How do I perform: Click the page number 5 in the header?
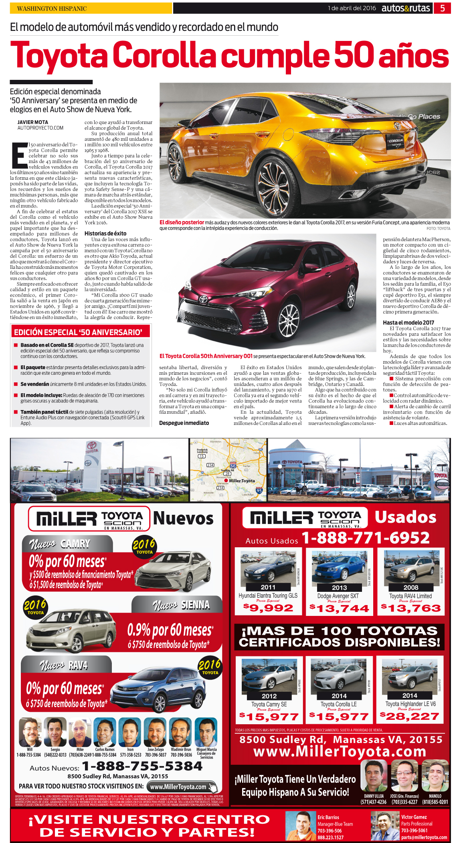(x=442, y=8)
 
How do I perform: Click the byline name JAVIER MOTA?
(x=32, y=122)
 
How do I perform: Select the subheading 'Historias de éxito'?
(x=105, y=233)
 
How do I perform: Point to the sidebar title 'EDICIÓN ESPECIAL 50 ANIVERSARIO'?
(x=78, y=332)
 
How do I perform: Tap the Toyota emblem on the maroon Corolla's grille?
(x=204, y=299)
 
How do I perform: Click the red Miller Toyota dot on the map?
(x=226, y=480)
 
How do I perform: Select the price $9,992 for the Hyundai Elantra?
(x=268, y=608)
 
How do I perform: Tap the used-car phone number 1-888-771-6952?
(x=365, y=538)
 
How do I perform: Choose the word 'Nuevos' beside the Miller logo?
(x=183, y=518)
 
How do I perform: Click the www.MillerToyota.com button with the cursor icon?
(x=182, y=786)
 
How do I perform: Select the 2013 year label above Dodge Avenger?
(x=339, y=587)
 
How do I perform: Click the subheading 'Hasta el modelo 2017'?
(x=408, y=322)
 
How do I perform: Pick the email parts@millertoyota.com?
(x=424, y=837)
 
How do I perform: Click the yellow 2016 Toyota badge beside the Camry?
(x=144, y=546)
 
